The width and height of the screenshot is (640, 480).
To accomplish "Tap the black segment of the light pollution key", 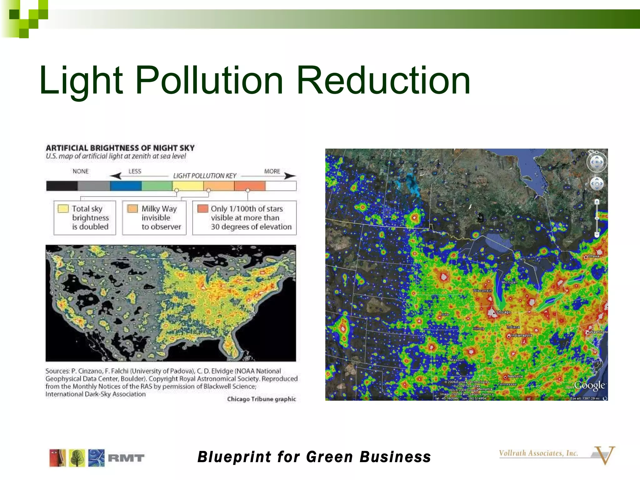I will tap(62, 186).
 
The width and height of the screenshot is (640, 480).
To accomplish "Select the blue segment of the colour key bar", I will tap(126, 186).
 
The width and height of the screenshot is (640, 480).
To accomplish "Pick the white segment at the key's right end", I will tap(281, 186).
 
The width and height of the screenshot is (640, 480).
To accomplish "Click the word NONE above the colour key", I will tap(81, 171).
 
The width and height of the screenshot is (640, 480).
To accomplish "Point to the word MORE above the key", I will tap(272, 171).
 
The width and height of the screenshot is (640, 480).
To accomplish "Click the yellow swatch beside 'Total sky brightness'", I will tap(63, 209).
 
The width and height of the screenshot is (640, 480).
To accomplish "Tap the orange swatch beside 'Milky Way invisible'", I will tap(132, 209).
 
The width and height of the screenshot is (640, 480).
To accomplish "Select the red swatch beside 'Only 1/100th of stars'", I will tap(203, 209).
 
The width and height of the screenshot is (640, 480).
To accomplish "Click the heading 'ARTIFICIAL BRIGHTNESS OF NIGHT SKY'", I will tap(120, 148).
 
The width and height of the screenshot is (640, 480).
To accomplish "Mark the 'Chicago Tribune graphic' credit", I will tap(261, 399).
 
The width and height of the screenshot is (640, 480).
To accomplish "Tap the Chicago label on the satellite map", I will tap(503, 312).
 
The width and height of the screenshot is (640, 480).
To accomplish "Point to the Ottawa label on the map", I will tap(593, 256).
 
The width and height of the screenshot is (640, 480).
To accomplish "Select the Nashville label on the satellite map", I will tap(515, 376).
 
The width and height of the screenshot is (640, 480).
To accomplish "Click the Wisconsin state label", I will tap(482, 291).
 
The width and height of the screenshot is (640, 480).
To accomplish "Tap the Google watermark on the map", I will tap(589, 385).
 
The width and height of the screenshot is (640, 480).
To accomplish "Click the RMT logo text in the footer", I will tap(126, 458).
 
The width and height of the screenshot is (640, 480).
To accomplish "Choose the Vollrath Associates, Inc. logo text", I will tap(538, 453).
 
